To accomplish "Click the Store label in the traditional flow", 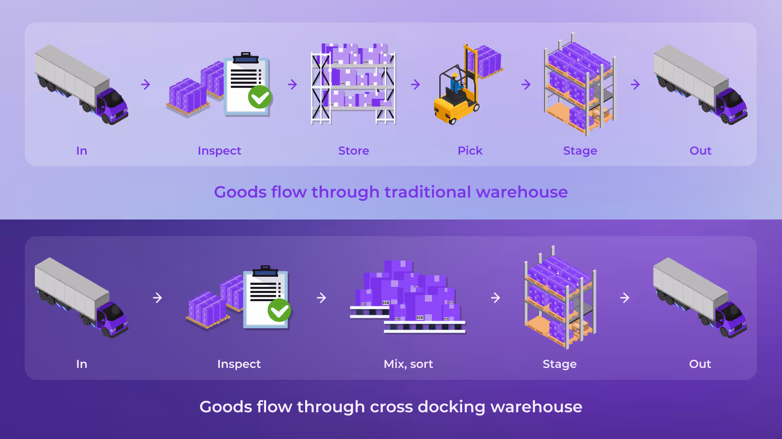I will pyautogui.click(x=353, y=151).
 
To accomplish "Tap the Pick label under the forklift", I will pyautogui.click(x=470, y=151).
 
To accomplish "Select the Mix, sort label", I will pyautogui.click(x=408, y=364).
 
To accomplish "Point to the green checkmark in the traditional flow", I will pyautogui.click(x=260, y=97).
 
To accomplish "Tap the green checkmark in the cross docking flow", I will pyautogui.click(x=279, y=310).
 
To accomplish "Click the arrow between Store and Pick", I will pyautogui.click(x=415, y=84).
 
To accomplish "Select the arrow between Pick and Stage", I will pyautogui.click(x=526, y=84).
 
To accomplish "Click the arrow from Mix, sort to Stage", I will pyautogui.click(x=495, y=298).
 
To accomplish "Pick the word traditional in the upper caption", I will pyautogui.click(x=428, y=192).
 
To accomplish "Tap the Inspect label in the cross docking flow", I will pyautogui.click(x=239, y=364).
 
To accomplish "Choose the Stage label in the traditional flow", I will pyautogui.click(x=580, y=151).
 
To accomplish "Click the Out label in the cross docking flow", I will pyautogui.click(x=700, y=364).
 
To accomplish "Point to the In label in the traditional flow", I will pyautogui.click(x=82, y=151).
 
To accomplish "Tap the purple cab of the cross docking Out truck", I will pyautogui.click(x=731, y=318).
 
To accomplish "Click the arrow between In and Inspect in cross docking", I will pyautogui.click(x=157, y=298).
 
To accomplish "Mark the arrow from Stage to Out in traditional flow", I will pyautogui.click(x=635, y=84).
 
